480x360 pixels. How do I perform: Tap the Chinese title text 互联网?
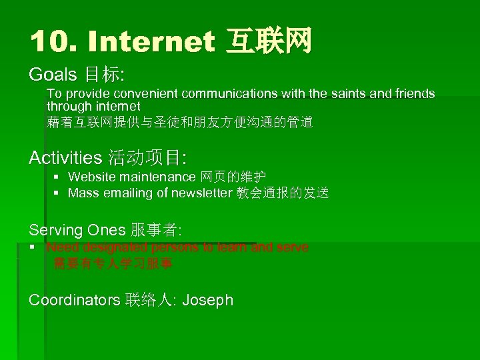tap(269, 42)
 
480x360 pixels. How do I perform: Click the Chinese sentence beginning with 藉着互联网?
tap(179, 122)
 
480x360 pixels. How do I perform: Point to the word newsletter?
tap(202, 194)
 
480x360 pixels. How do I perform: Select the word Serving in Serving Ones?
tap(56, 230)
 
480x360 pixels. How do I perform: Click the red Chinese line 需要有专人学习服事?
tap(113, 263)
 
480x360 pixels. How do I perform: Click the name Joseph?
tap(207, 300)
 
